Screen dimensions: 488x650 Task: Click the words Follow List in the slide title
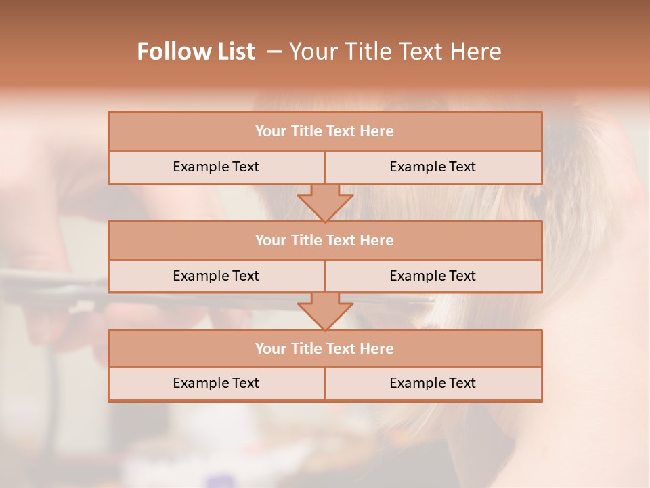pos(196,52)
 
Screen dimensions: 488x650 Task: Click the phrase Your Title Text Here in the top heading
pos(395,52)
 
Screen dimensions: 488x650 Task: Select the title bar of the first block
pos(325,131)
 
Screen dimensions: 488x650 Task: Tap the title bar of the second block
pos(325,240)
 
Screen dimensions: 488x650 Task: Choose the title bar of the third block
pos(325,348)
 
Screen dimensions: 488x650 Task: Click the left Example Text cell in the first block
pos(216,167)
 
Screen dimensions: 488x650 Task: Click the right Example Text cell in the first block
pos(433,167)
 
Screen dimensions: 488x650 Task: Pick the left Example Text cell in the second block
pos(216,276)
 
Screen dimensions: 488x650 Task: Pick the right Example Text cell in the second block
pos(433,276)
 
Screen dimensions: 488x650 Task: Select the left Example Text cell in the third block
pos(216,383)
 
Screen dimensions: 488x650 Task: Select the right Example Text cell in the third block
pos(433,383)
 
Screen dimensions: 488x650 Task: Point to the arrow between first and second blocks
pos(325,202)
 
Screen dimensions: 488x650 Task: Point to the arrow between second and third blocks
pos(325,310)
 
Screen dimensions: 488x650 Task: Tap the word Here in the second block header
pos(377,240)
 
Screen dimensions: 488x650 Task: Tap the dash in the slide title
pos(274,52)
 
